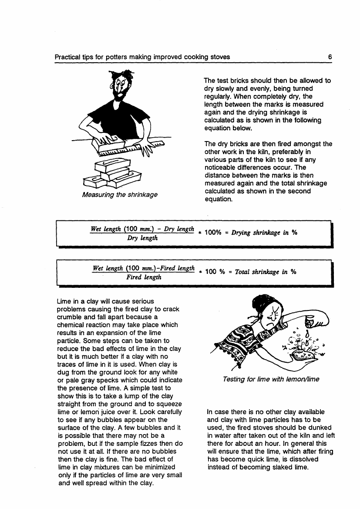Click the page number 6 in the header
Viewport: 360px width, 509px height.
click(330, 57)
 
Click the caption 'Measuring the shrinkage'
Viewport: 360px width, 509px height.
click(120, 195)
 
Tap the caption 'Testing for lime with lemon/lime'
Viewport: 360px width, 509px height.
click(271, 379)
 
